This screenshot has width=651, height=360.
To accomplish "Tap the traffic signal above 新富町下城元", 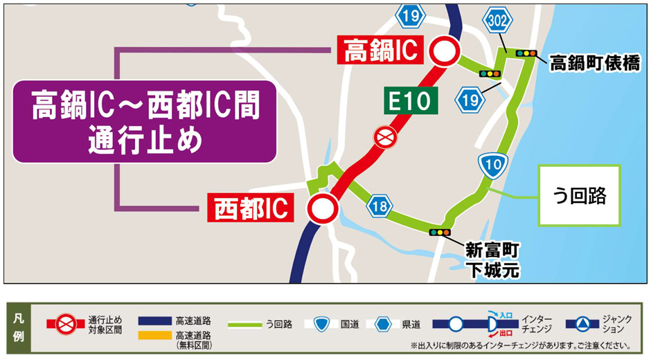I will point(440,233).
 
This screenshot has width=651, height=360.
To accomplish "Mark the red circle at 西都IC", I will point(322,208).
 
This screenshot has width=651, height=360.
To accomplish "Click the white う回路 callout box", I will point(581,195).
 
